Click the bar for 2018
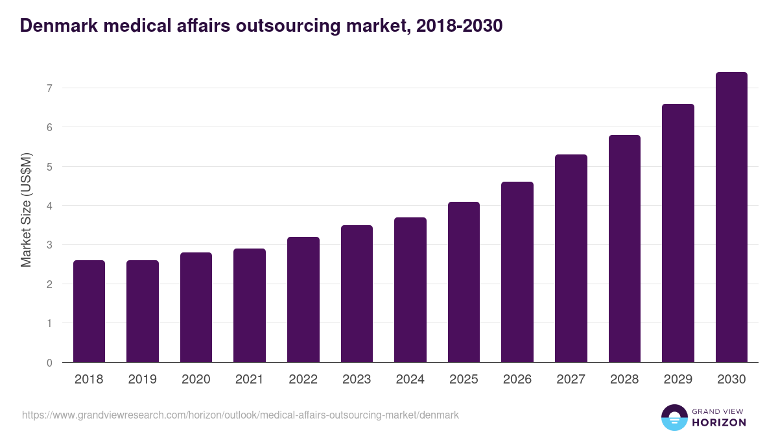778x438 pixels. point(89,311)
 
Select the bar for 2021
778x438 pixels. point(250,306)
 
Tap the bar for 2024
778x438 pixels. point(410,290)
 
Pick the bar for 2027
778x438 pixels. point(571,258)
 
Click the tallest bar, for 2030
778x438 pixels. point(731,217)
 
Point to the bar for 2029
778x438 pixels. point(678,233)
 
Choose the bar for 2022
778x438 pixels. point(303,300)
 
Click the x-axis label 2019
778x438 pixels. point(143,380)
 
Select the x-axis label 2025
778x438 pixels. point(464,380)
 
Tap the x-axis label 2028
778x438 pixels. point(624,380)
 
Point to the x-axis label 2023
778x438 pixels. point(357,380)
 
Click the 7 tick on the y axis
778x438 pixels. point(49,88)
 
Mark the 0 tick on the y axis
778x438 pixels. point(49,363)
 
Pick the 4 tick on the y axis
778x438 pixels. point(49,206)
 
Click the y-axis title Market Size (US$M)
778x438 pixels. point(26,210)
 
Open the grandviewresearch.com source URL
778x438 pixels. point(240,415)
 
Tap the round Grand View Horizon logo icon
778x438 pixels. point(674,417)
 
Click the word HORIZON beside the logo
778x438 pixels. point(719,422)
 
